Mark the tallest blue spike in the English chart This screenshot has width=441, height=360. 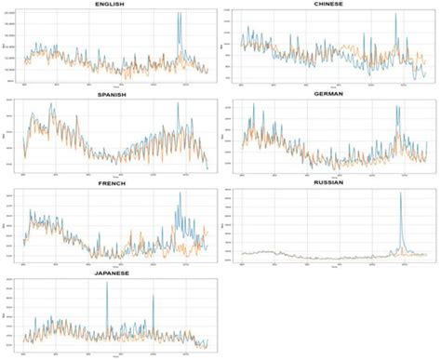[178, 15]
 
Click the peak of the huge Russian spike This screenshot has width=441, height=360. [401, 193]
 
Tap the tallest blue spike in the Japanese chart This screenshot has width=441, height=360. [107, 283]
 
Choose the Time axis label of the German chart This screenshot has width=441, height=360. [334, 178]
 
